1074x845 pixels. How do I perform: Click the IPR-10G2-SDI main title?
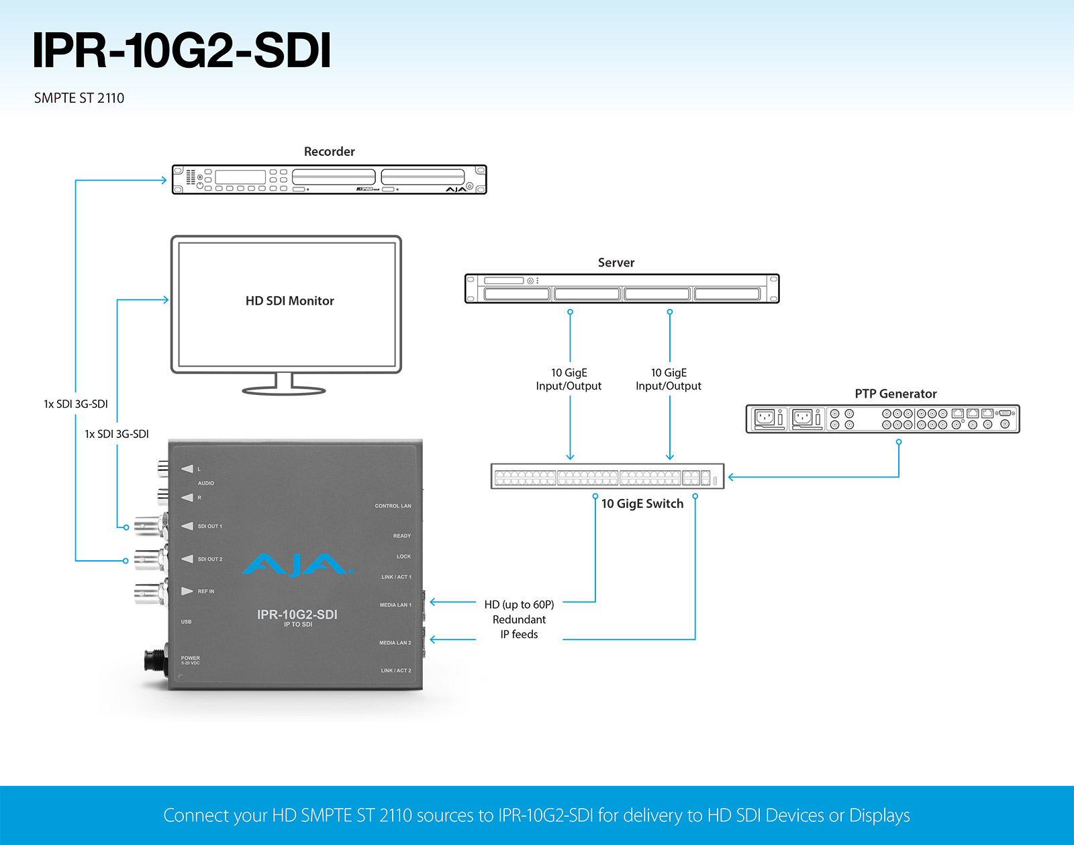[182, 50]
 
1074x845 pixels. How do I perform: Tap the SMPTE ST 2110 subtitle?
[79, 98]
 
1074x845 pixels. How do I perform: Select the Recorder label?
[330, 151]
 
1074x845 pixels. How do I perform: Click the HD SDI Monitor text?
[289, 301]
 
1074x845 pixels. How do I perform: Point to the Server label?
[616, 263]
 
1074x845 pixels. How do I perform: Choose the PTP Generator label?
[895, 394]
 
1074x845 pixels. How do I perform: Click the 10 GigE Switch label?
[642, 503]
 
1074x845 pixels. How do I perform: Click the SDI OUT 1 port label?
[209, 527]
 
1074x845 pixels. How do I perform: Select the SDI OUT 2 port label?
[209, 559]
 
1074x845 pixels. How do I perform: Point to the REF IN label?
[205, 591]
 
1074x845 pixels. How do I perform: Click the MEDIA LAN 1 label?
[395, 605]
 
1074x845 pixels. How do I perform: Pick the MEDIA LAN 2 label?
[395, 643]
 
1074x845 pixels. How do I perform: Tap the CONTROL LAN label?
[393, 506]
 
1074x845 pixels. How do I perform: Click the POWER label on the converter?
[190, 658]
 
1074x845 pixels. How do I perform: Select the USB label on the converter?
[186, 622]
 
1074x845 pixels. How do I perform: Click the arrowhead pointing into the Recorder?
[164, 180]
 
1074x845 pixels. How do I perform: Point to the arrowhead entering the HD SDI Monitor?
[166, 300]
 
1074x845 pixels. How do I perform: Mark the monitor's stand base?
[284, 390]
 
